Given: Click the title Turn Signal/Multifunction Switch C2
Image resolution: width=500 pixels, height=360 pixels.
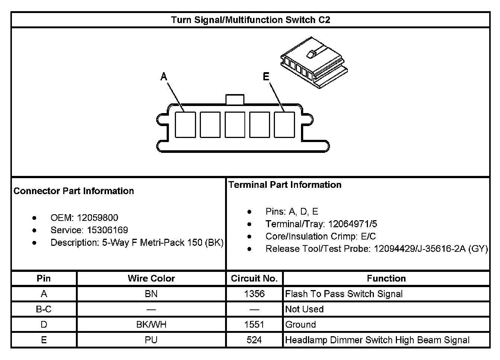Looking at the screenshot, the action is click(250, 20).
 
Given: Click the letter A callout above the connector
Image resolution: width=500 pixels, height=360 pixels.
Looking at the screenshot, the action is click(164, 77).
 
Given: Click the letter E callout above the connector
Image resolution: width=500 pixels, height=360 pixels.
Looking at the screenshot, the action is click(266, 77).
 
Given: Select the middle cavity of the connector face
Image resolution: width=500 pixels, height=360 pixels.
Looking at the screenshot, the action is click(235, 124).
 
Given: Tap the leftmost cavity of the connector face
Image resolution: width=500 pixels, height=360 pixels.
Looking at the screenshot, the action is click(185, 124).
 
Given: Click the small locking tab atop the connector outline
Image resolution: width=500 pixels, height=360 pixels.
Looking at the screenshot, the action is click(235, 99).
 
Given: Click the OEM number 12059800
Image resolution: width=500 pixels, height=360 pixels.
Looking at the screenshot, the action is click(97, 218).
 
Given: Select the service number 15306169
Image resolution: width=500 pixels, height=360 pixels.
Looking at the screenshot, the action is click(108, 230).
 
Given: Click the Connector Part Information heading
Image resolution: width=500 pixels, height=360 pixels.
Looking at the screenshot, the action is click(74, 191).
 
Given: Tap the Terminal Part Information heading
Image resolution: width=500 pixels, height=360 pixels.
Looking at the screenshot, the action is click(285, 185).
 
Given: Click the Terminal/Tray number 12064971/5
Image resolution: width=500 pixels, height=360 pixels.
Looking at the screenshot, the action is click(353, 224).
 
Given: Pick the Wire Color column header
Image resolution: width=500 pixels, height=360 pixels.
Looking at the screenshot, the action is click(151, 279).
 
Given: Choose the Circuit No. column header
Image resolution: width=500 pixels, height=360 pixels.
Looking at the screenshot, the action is click(254, 279).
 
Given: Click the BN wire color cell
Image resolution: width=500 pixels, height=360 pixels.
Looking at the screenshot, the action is click(151, 294).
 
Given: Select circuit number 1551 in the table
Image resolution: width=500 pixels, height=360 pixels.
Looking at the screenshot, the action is click(254, 324).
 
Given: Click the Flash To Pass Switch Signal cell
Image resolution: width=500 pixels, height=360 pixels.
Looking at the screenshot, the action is click(344, 294).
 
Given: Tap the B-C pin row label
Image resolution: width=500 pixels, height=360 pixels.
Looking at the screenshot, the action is click(44, 309).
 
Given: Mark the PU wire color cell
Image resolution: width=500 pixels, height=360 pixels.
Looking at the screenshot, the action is click(151, 340).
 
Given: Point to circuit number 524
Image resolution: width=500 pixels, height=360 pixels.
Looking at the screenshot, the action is click(254, 340).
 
